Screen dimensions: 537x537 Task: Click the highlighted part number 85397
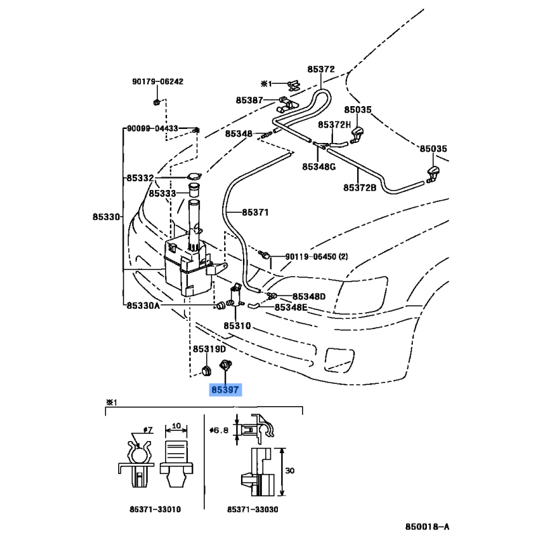pyautogui.click(x=224, y=389)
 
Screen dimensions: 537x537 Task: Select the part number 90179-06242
pyautogui.click(x=157, y=82)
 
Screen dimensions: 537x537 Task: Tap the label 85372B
pyautogui.click(x=360, y=187)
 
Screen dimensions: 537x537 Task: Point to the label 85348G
pyautogui.click(x=318, y=166)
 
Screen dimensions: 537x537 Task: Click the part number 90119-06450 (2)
pyautogui.click(x=317, y=256)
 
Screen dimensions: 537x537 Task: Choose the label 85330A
pyautogui.click(x=143, y=305)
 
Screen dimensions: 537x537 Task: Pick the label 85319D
pyautogui.click(x=209, y=349)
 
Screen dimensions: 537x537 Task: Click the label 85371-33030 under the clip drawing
pyautogui.click(x=252, y=509)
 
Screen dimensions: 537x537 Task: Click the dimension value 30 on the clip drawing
pyautogui.click(x=290, y=471)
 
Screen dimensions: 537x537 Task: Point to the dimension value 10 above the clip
pyautogui.click(x=176, y=426)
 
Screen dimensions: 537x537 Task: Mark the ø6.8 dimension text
pyautogui.click(x=219, y=431)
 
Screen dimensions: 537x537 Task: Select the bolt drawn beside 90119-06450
pyautogui.click(x=266, y=255)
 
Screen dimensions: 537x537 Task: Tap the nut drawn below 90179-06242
pyautogui.click(x=156, y=101)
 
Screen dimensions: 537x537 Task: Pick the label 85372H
pyautogui.click(x=334, y=125)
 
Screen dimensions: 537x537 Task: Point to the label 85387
pyautogui.click(x=249, y=100)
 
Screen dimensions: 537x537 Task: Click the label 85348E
pyautogui.click(x=290, y=307)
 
